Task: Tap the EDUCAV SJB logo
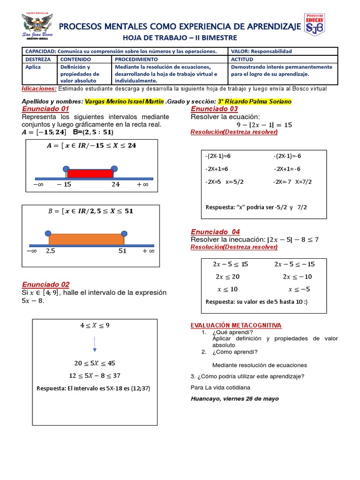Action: point(314,25)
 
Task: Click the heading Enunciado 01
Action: point(45,109)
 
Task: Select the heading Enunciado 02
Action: point(45,284)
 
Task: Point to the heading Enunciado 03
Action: point(214,109)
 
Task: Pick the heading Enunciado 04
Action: point(215,232)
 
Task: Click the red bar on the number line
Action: point(90,173)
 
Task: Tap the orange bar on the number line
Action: point(86,239)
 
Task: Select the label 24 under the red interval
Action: point(116,185)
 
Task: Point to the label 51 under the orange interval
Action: point(123,251)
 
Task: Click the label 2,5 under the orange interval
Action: point(51,251)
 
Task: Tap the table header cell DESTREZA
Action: point(39,60)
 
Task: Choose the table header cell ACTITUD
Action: point(242,60)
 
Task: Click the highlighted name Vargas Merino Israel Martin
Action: point(124,101)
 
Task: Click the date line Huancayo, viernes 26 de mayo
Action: point(235,398)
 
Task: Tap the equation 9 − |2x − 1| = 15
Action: point(264,125)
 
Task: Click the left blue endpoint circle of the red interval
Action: point(66,168)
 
